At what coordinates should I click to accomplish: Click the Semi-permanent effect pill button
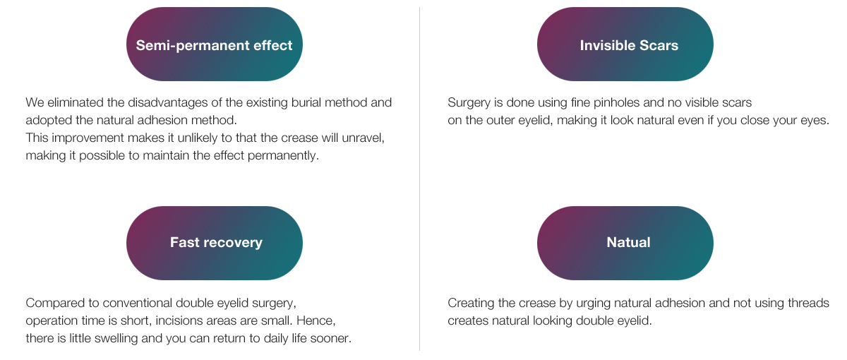pyautogui.click(x=215, y=44)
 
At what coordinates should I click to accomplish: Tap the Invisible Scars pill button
pyautogui.click(x=625, y=44)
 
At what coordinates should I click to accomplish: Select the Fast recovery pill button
pyautogui.click(x=215, y=243)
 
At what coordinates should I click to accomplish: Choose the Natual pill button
pyautogui.click(x=625, y=243)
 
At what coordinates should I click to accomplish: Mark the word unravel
pyautogui.click(x=363, y=138)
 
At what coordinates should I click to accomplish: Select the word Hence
pyautogui.click(x=316, y=320)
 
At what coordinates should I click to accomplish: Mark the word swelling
pyautogui.click(x=116, y=338)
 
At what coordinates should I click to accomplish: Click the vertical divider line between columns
pyautogui.click(x=419, y=179)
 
